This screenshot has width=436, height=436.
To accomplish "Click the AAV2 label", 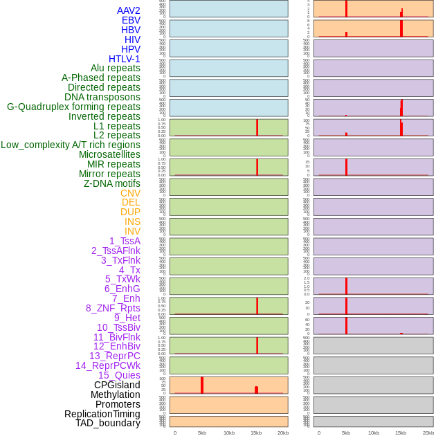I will [128, 10].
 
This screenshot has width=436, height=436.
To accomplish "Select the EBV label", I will [131, 20].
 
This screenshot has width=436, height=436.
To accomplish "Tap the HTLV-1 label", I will [124, 59].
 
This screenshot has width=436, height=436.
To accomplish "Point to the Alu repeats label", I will [116, 68].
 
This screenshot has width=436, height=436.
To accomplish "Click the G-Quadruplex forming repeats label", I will [73, 107].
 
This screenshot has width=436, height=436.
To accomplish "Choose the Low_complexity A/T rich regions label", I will [71, 145].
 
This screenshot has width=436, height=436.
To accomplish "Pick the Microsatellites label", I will [109, 154].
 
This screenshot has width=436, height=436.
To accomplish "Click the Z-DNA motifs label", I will [111, 183].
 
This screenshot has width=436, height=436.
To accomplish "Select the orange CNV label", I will [130, 193].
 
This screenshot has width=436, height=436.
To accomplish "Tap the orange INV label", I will [132, 231].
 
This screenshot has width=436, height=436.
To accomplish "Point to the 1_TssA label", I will [125, 241].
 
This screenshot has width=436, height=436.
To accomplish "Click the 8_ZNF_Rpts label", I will [113, 308].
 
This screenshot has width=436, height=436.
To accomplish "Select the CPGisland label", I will [117, 385].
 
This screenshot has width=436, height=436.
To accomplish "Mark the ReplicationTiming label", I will [102, 414].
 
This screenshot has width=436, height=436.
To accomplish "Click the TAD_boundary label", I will [107, 423].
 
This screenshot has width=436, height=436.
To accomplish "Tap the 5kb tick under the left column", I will [202, 433].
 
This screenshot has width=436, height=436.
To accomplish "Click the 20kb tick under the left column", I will [283, 433].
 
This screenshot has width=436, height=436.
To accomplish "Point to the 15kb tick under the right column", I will [401, 433].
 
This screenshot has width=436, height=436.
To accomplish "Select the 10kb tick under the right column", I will [374, 433].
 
